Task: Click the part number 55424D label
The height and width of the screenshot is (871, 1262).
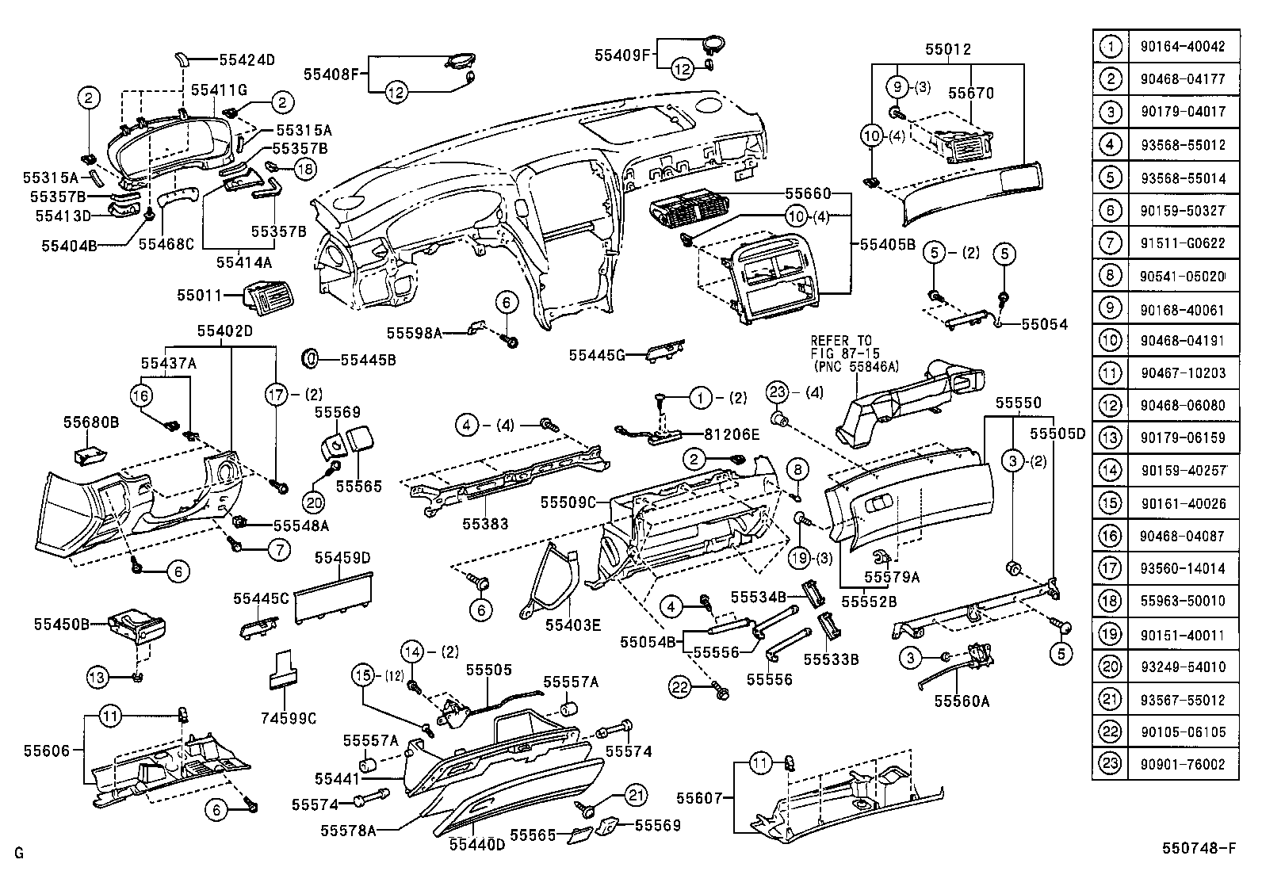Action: (x=247, y=59)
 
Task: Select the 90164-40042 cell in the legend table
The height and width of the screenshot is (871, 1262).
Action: (x=1183, y=47)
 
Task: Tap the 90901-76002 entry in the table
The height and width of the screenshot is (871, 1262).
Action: (x=1183, y=764)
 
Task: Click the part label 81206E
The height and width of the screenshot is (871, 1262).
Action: (x=732, y=434)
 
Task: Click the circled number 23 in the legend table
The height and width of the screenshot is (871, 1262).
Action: (x=1111, y=764)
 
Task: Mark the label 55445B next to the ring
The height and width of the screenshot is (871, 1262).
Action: (x=368, y=360)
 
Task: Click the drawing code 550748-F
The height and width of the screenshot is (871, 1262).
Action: (x=1199, y=849)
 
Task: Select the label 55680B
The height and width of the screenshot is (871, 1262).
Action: (x=91, y=423)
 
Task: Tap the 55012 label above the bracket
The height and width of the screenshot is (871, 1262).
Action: (x=947, y=49)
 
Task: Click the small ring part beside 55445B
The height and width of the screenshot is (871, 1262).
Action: (x=312, y=358)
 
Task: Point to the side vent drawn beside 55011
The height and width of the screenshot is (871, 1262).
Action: (x=270, y=297)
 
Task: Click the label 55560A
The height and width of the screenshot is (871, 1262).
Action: (x=961, y=701)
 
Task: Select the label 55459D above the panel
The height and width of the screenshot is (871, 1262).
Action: (x=342, y=558)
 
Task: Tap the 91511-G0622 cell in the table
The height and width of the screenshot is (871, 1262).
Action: (x=1183, y=243)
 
